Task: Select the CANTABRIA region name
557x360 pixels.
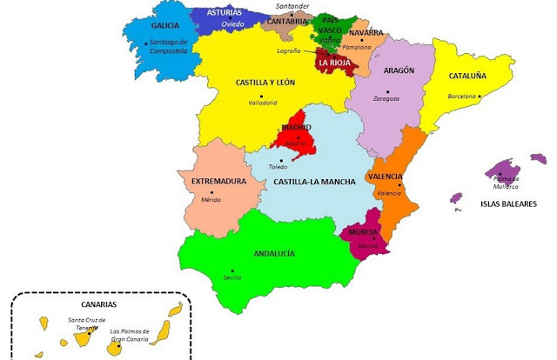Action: (x=287, y=21)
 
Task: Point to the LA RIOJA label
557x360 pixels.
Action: (x=334, y=63)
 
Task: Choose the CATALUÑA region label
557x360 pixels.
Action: (x=467, y=76)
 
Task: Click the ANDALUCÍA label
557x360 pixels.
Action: (x=274, y=253)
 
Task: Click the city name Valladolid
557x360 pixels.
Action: (x=262, y=103)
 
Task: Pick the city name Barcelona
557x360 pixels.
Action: (x=462, y=96)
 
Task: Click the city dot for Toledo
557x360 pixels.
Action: (x=281, y=159)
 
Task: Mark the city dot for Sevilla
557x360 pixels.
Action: (x=232, y=270)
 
